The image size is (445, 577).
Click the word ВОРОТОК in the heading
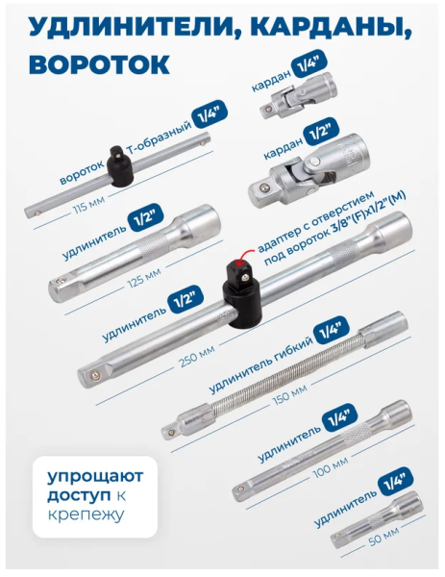[99, 64]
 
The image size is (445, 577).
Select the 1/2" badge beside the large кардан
[321, 132]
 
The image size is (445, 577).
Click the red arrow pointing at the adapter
[245, 254]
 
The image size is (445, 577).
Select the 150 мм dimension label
[290, 393]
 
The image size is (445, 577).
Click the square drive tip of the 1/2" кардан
[262, 191]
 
